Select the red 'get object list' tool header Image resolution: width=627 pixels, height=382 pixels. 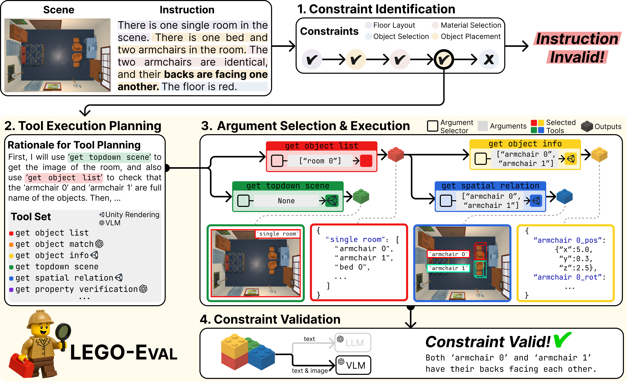tap(321, 146)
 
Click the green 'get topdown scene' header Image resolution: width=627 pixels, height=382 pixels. tap(288, 186)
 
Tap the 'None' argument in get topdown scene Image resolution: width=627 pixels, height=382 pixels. tap(286, 201)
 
